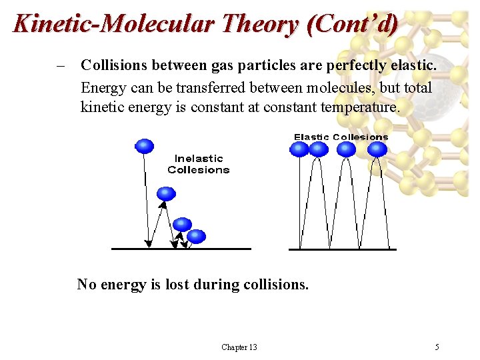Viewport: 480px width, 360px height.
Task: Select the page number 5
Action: (x=437, y=347)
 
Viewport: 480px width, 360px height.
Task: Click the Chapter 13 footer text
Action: (x=239, y=347)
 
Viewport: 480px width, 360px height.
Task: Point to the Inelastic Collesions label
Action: (x=198, y=164)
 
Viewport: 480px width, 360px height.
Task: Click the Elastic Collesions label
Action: (x=341, y=137)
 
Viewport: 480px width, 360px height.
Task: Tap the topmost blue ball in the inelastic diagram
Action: (x=145, y=146)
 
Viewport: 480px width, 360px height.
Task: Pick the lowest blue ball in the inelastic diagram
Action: (x=197, y=236)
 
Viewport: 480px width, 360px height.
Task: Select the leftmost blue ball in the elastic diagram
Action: (x=301, y=149)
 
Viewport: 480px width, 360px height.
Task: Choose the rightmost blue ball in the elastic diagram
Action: (x=377, y=149)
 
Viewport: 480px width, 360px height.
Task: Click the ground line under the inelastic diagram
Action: (x=181, y=249)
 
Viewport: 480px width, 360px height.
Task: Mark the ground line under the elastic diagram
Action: (x=342, y=249)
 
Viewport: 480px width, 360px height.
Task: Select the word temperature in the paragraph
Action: (x=361, y=107)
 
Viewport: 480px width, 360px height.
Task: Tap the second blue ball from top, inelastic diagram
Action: (x=166, y=194)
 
